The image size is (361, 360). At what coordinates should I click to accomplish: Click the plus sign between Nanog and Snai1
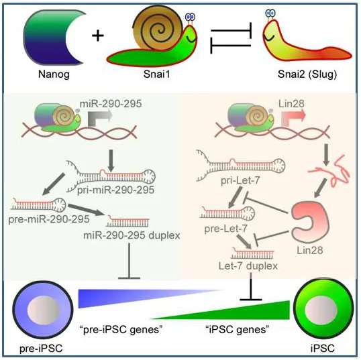coord(98,36)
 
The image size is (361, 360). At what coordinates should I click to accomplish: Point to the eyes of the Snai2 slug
coord(270,13)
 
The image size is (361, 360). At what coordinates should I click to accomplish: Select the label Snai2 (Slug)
coord(307,74)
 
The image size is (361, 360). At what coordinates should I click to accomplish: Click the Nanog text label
coord(54,74)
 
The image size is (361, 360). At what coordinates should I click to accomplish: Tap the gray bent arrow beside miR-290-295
coord(99,117)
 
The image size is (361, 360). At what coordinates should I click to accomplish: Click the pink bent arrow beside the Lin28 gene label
coord(293,117)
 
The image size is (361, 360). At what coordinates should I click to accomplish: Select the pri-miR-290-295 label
coord(115,190)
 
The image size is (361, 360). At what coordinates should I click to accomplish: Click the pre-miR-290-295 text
coord(49,219)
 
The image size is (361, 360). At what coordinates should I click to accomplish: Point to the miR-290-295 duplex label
coord(132,235)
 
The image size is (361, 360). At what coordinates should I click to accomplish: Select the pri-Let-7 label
coord(240,180)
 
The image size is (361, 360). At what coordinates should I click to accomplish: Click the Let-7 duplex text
coord(248,266)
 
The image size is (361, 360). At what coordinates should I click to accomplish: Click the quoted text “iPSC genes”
coord(238,330)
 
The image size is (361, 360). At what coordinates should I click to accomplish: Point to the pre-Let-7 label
coord(225,229)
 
